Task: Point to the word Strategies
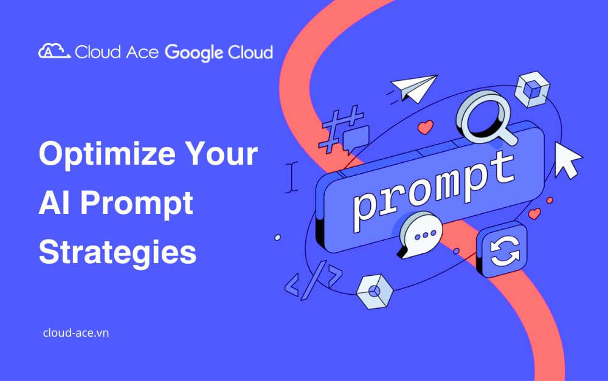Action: [117, 253]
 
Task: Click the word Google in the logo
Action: [195, 53]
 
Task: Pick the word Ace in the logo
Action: [142, 52]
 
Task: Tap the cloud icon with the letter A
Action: [54, 51]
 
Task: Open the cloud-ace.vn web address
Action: [76, 333]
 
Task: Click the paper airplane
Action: [413, 88]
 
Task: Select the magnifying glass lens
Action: [481, 115]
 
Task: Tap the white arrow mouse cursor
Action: [567, 160]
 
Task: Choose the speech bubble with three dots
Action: [420, 235]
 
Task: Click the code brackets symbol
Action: [313, 280]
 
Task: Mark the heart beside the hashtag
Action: [426, 127]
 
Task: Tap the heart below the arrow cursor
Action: [534, 213]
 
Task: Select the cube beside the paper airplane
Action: [532, 89]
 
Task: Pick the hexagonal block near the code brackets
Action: [375, 292]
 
